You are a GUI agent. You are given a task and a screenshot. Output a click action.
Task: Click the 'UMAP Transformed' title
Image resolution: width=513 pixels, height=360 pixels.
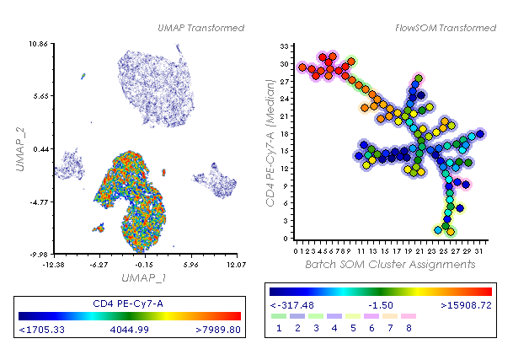(x=200, y=28)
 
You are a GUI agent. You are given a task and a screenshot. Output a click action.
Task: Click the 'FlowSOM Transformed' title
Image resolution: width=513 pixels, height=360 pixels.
(x=446, y=28)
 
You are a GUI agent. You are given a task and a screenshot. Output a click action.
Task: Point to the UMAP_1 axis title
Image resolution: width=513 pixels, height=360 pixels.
(x=145, y=277)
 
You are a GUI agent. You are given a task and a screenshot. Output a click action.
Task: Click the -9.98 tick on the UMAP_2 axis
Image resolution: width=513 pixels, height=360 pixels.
(x=38, y=252)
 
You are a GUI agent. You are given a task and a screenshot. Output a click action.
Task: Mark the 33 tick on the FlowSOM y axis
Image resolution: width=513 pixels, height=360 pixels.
(x=284, y=46)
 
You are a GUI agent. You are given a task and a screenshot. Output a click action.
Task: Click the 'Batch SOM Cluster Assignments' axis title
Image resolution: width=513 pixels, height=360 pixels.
(x=390, y=264)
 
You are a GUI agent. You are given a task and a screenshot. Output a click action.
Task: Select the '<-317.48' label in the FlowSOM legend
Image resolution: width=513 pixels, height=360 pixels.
(x=291, y=304)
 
